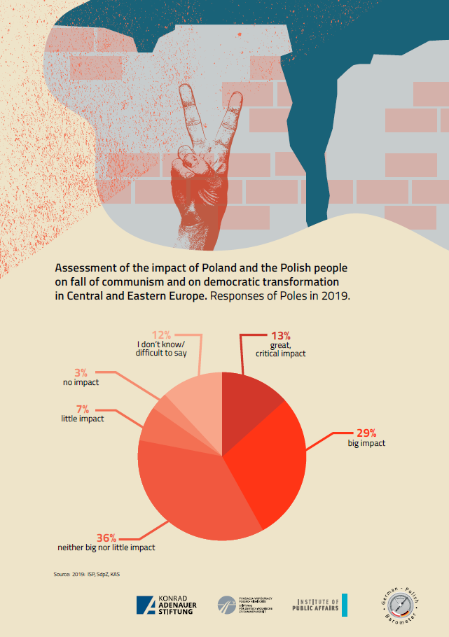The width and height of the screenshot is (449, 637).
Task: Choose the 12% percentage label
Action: click(163, 335)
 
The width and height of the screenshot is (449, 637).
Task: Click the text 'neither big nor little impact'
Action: click(106, 547)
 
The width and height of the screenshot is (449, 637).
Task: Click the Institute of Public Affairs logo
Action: click(320, 605)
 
